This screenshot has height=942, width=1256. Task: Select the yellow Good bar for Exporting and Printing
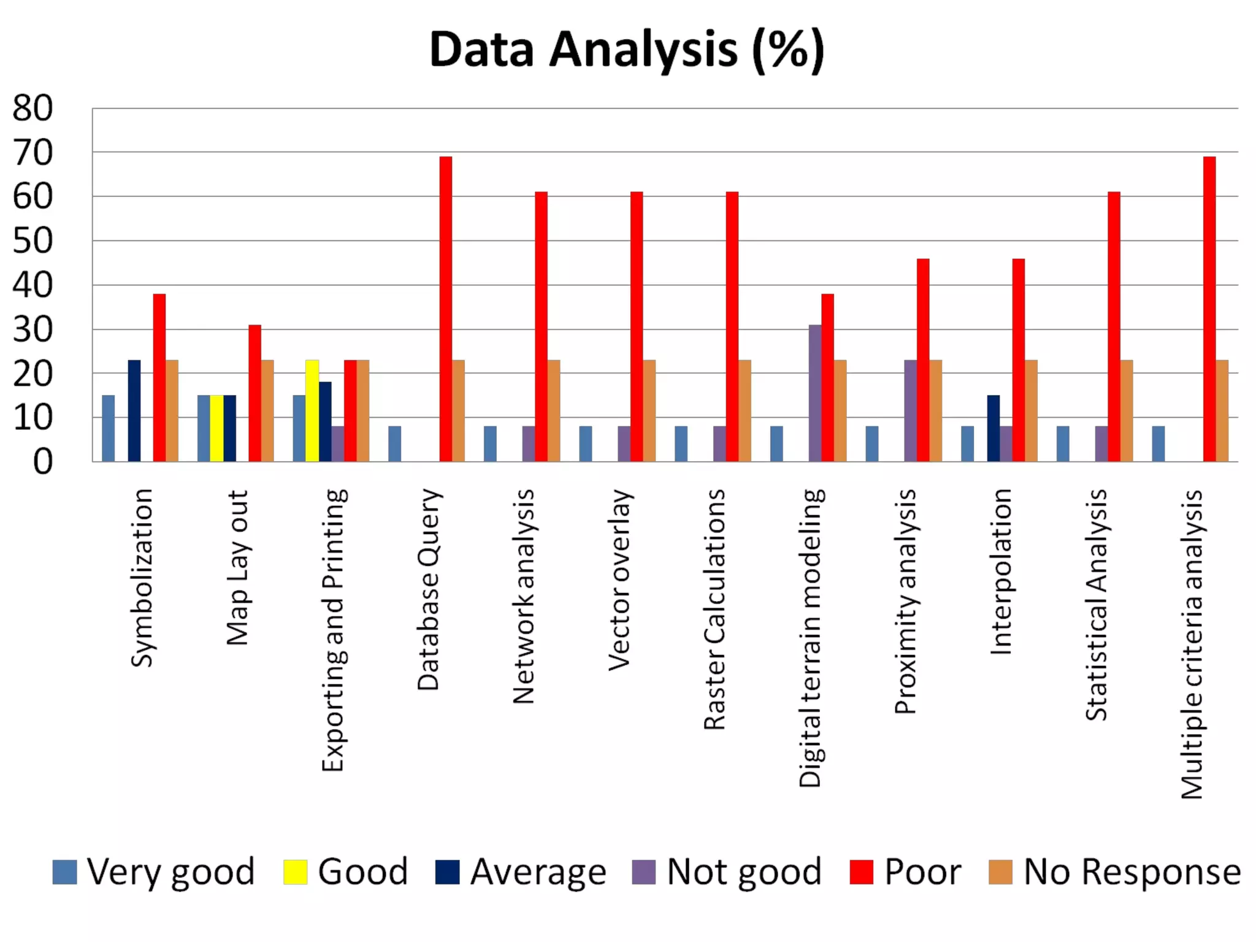312,411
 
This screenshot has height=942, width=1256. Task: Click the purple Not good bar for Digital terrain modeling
815,393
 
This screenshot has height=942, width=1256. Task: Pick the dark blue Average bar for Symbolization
134,411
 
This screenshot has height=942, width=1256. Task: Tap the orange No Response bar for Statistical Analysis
1127,411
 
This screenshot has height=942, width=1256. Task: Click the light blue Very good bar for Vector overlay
586,443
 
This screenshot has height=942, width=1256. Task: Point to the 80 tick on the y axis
33,109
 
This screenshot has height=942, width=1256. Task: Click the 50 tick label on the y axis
33,241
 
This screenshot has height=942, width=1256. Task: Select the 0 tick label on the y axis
43,461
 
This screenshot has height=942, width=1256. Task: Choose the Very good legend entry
153,871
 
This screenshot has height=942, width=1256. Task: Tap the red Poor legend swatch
861,872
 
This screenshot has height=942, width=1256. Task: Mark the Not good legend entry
727,871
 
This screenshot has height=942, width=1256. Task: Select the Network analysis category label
524,595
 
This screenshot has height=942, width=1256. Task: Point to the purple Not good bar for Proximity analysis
911,411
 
